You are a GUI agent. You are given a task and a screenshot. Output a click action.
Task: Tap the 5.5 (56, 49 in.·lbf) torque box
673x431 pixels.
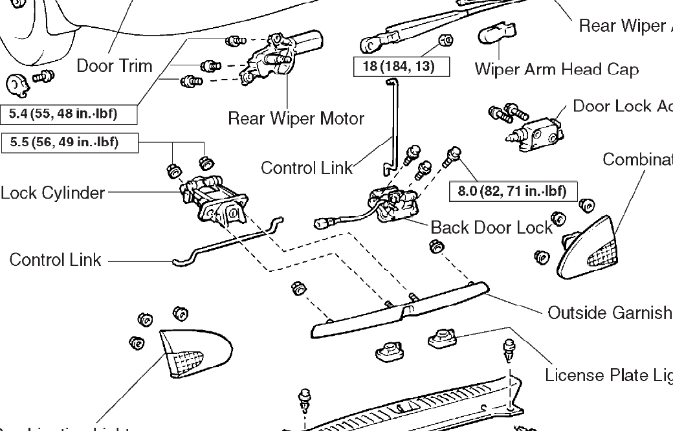70,142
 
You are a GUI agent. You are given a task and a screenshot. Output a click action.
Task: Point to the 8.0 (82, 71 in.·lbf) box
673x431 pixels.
513,191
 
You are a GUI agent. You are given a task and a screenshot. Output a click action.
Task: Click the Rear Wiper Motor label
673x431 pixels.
296,119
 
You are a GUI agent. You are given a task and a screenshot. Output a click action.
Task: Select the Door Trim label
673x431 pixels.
115,65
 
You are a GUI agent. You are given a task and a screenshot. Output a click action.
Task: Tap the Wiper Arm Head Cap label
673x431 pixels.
557,69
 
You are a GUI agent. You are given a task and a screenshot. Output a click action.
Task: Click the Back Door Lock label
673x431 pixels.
492,227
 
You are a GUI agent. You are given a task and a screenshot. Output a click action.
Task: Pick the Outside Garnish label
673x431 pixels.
610,313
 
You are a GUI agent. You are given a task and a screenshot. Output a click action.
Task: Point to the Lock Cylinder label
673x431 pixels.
52,193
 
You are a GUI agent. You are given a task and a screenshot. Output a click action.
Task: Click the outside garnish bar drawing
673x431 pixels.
395,311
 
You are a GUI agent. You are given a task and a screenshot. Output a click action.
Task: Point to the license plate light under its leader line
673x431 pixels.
443,338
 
